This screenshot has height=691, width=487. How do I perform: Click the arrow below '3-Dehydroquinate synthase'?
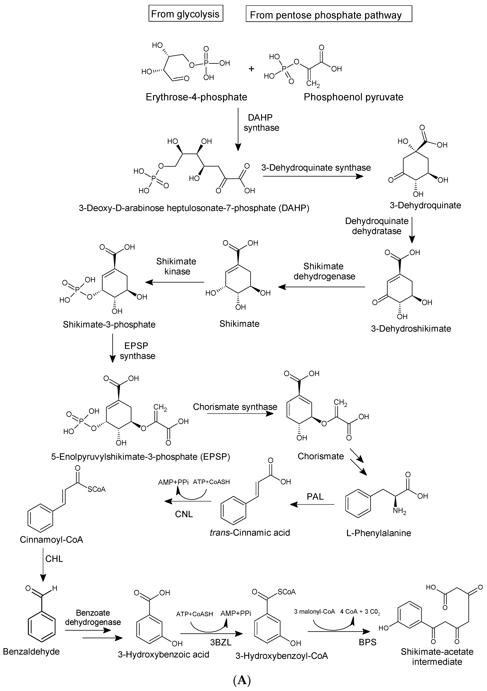pos(313,176)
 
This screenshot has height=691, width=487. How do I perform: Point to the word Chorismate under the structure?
pos(321,456)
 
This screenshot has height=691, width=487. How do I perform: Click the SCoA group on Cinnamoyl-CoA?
pos(96,489)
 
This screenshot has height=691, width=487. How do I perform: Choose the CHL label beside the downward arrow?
pos(54,559)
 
